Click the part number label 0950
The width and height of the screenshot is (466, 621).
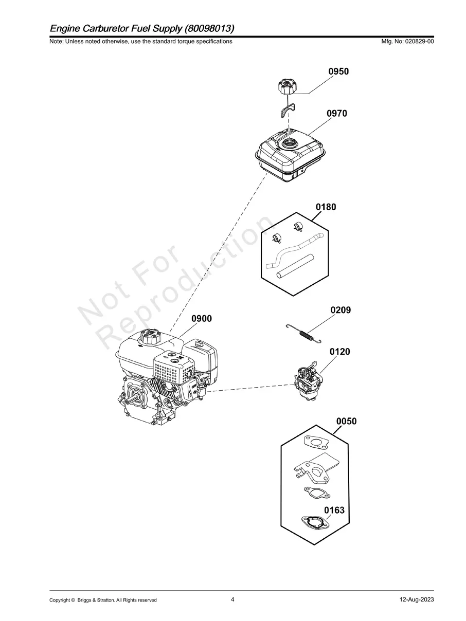click(x=338, y=71)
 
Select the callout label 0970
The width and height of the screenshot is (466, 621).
click(x=336, y=114)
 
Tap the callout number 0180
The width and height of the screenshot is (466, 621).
click(x=326, y=207)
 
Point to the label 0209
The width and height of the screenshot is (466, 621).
click(x=340, y=310)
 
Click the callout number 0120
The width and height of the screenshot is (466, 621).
click(x=340, y=352)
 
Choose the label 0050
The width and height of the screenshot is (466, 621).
click(x=346, y=422)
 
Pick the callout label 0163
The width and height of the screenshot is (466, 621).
click(x=334, y=510)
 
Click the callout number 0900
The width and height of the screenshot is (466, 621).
click(x=202, y=319)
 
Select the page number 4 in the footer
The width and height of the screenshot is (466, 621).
click(x=232, y=599)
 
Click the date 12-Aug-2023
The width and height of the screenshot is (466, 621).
click(x=417, y=599)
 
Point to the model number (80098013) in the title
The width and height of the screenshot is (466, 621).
click(x=209, y=27)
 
